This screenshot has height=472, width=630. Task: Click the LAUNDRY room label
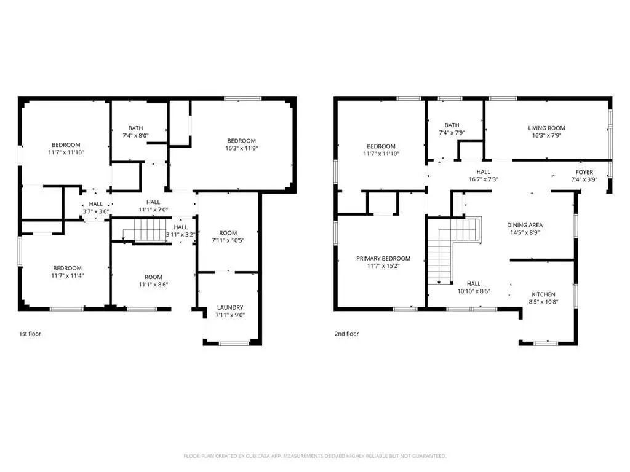click(x=230, y=307)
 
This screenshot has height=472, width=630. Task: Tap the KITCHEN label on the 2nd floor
click(x=543, y=294)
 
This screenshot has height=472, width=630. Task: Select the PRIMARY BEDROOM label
click(x=383, y=259)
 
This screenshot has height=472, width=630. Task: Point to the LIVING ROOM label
click(x=546, y=128)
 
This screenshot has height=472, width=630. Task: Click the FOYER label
click(x=584, y=172)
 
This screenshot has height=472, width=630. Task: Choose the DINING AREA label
click(x=525, y=225)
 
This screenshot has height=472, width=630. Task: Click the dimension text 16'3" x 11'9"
click(x=241, y=148)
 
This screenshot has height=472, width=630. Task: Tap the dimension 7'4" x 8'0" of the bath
click(x=135, y=136)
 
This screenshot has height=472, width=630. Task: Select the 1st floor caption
click(x=30, y=334)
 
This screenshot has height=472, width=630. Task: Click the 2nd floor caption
click(x=347, y=334)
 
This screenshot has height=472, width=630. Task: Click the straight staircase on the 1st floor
click(x=145, y=230)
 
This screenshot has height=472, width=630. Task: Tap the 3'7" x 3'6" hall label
click(x=95, y=211)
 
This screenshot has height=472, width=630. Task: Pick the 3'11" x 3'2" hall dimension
click(x=180, y=235)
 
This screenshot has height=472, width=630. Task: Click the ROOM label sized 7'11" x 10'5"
click(x=228, y=233)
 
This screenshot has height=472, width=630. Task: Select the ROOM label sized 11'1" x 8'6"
click(x=153, y=277)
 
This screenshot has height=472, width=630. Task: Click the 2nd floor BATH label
click(x=452, y=125)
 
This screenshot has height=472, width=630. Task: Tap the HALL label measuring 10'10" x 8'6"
click(x=474, y=284)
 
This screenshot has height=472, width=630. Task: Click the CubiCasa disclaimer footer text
click(x=314, y=456)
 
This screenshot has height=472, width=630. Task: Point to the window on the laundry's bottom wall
click(x=234, y=343)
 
